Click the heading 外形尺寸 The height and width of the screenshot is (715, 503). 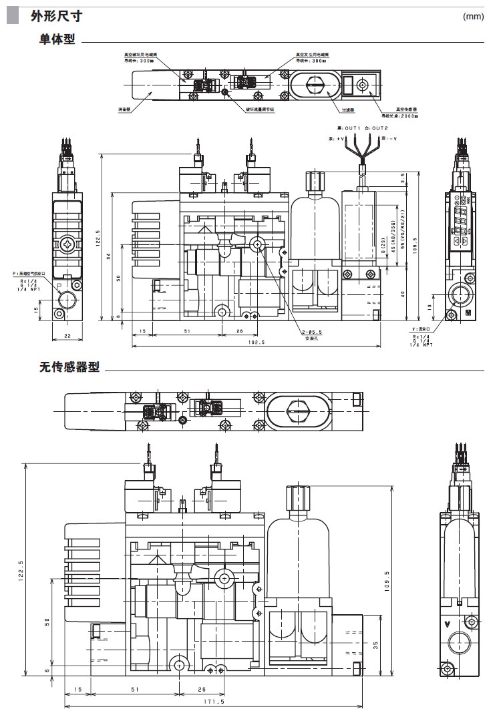(x=56, y=15)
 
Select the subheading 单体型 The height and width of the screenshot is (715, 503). (x=57, y=41)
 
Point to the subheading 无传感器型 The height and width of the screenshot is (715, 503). (x=69, y=367)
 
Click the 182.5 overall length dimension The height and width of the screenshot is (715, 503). (x=256, y=342)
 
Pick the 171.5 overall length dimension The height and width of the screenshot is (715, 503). (x=214, y=702)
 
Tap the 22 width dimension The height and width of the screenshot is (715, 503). (x=67, y=336)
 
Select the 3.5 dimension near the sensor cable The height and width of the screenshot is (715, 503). (x=403, y=178)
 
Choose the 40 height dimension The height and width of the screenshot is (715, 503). (x=403, y=293)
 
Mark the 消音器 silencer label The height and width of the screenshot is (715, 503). (x=123, y=108)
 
